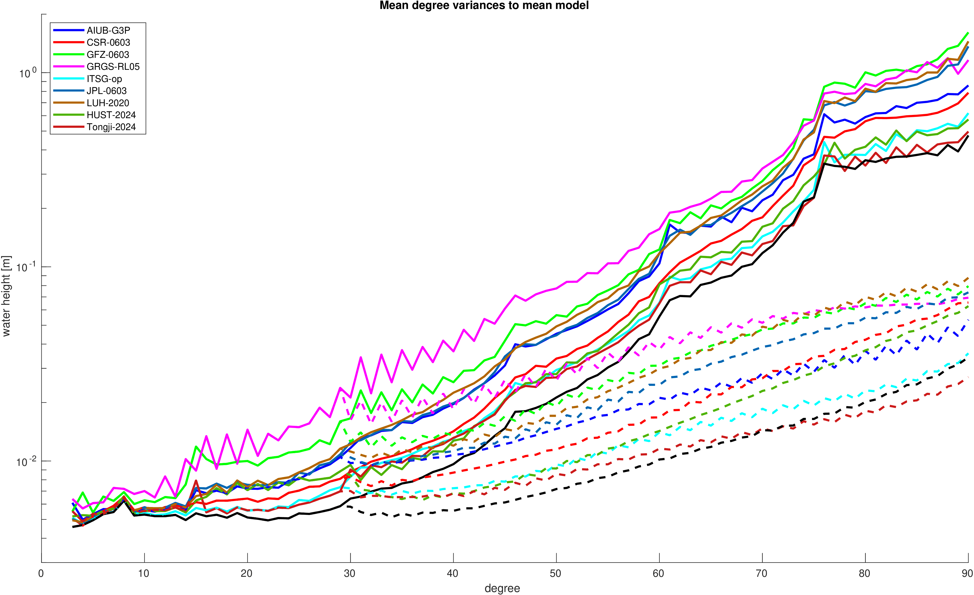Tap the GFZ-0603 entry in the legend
click(107, 55)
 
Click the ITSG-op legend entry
click(104, 79)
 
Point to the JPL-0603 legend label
click(106, 91)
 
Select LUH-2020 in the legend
click(107, 103)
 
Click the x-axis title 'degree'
click(502, 588)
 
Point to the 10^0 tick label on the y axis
click(27, 73)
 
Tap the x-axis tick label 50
click(555, 574)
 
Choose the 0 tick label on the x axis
click(41, 574)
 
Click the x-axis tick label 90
click(967, 574)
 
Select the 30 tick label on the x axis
click(349, 574)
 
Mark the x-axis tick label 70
click(761, 574)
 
